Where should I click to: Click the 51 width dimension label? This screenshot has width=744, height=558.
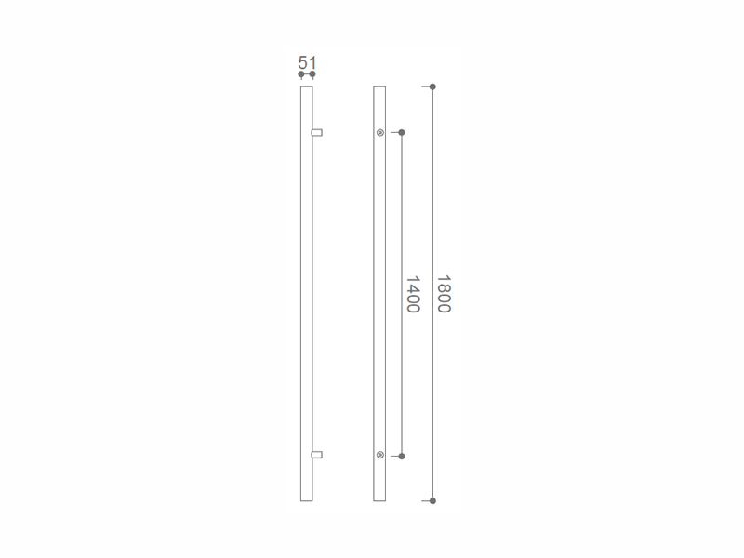[x=307, y=62]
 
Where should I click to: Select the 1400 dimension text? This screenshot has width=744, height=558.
[x=413, y=294]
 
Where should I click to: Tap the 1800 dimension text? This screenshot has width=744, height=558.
[x=444, y=294]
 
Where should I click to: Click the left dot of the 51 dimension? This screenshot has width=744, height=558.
[x=301, y=74]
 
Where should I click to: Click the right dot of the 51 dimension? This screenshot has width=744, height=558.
[x=312, y=74]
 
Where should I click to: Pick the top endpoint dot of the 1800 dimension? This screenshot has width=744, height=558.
[x=432, y=86]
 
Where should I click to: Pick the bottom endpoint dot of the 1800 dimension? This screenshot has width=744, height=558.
[x=432, y=500]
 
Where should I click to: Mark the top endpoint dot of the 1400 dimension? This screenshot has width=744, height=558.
[x=402, y=132]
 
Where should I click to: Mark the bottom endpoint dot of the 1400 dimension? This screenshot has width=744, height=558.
[x=402, y=456]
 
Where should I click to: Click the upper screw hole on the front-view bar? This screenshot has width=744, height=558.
[x=380, y=133]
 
